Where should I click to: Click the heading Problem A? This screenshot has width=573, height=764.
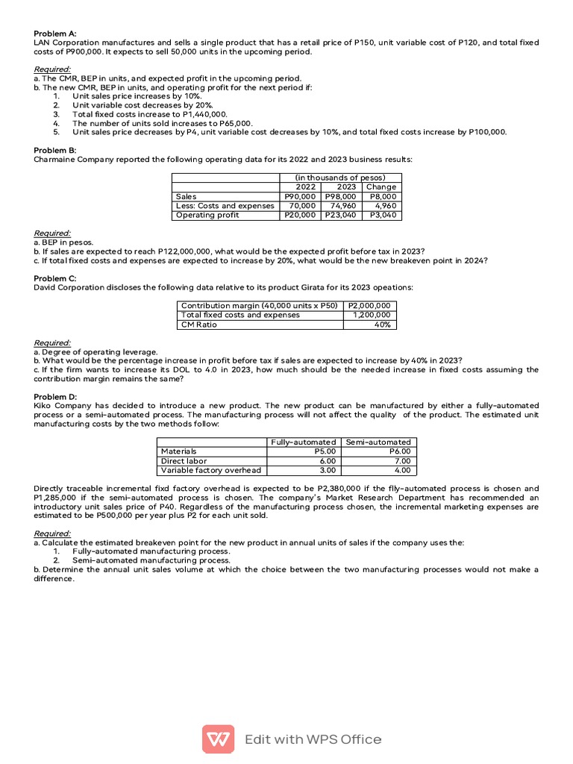click(55, 33)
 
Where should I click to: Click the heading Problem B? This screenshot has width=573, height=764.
click(55, 150)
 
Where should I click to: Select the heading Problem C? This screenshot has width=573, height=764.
click(55, 278)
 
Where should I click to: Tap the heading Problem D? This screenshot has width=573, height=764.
click(55, 396)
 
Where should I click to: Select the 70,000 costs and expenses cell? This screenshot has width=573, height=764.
click(301, 206)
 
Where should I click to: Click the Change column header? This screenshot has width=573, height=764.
click(381, 187)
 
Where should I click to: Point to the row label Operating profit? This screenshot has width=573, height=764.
click(207, 215)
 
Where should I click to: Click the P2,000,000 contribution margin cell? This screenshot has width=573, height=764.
click(370, 306)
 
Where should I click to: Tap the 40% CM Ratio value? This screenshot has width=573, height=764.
click(383, 325)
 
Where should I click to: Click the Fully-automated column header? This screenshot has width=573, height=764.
click(304, 442)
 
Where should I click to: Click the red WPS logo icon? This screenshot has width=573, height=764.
click(218, 739)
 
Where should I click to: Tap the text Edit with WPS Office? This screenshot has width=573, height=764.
click(313, 739)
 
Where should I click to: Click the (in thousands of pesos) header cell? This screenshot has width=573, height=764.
click(340, 178)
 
